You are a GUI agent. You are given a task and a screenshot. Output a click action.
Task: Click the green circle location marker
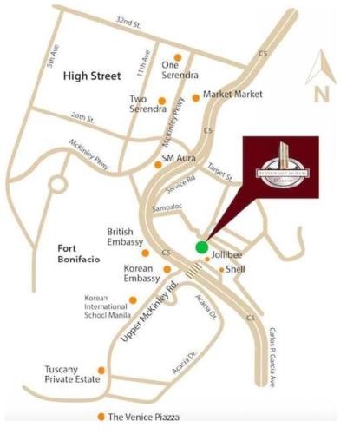pyautogui.click(x=201, y=247)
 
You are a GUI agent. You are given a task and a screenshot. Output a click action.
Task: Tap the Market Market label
pyautogui.click(x=232, y=93)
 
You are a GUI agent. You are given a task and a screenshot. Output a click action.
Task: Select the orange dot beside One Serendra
pyautogui.click(x=178, y=55)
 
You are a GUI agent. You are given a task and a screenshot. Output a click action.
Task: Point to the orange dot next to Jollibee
pyautogui.click(x=206, y=258)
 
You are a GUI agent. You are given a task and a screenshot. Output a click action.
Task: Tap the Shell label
pyautogui.click(x=235, y=269)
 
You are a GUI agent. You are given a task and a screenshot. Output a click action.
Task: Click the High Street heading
pyautogui.click(x=90, y=77)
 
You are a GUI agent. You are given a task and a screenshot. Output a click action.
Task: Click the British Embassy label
pyautogui.click(x=124, y=237)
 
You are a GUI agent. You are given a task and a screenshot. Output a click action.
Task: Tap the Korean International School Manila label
pyautogui.click(x=105, y=306)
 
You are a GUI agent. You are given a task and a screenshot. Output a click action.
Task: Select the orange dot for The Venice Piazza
pyautogui.click(x=102, y=416)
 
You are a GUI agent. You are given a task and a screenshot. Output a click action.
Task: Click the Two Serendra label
pyautogui.click(x=148, y=103)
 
